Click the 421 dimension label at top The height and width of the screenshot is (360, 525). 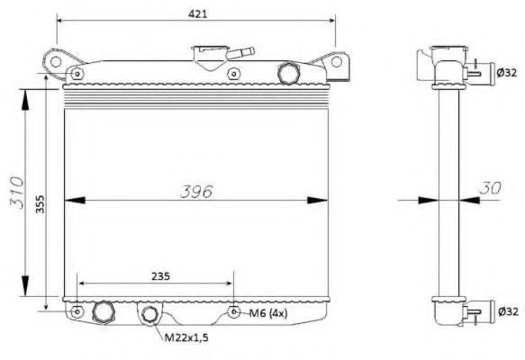point(197,14)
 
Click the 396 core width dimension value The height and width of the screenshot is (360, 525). point(196,192)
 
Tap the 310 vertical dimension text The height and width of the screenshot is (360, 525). point(17,193)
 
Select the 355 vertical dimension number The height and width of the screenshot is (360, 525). point(41,204)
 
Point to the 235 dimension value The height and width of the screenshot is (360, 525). point(160,276)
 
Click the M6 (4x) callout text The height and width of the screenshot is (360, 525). point(268,313)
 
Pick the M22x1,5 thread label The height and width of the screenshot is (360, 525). point(186,337)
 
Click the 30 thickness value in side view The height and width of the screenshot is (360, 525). point(490,188)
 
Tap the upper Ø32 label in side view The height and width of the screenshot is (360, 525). point(507,72)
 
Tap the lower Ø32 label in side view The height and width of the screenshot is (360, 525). point(508,311)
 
